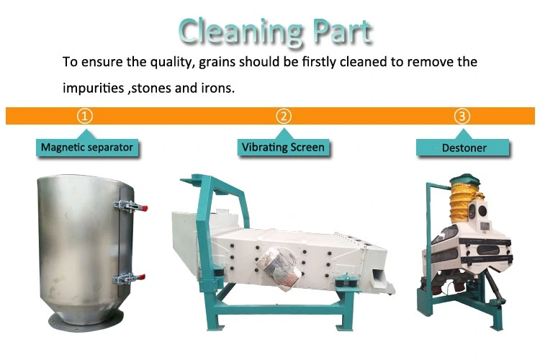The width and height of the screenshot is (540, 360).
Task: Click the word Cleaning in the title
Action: pos(240,32)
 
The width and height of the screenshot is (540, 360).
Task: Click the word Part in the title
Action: pos(342,31)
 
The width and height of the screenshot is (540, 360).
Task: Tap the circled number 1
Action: pos(85,116)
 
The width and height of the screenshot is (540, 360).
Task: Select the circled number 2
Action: pos(284,116)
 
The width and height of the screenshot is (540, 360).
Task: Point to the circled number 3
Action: pos(462,116)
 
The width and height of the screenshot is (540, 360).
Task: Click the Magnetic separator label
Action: pos(87,148)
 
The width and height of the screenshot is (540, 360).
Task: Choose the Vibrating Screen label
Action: pos(283,148)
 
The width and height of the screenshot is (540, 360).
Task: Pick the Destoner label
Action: pos(464,148)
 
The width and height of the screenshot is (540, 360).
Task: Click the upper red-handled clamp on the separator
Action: pos(130,206)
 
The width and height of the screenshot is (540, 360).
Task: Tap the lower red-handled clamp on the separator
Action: pos(129,278)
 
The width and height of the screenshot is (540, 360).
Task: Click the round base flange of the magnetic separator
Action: pos(86,320)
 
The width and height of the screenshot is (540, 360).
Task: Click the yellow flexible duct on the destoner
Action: pos(461,203)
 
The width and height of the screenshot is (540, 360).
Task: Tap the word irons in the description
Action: pos(217,88)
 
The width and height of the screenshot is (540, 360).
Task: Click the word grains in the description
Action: pos(217,63)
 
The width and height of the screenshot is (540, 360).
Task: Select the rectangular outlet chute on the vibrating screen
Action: pos(379,277)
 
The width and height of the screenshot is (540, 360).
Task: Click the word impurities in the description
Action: pos(93,88)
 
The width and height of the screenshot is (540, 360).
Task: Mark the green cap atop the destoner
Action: pos(465,179)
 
